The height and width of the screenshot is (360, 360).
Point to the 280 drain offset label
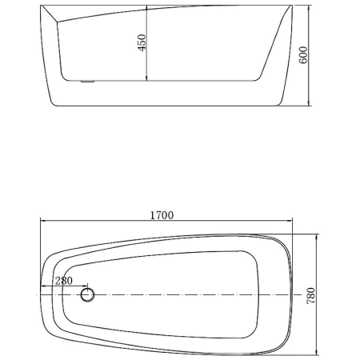64,281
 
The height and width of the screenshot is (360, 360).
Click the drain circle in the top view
87,295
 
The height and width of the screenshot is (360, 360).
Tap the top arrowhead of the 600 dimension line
310,10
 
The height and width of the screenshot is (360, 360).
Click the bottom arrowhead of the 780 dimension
318,352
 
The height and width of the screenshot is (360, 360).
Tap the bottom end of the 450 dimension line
147,80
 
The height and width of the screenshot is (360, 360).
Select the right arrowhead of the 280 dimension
86,286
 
